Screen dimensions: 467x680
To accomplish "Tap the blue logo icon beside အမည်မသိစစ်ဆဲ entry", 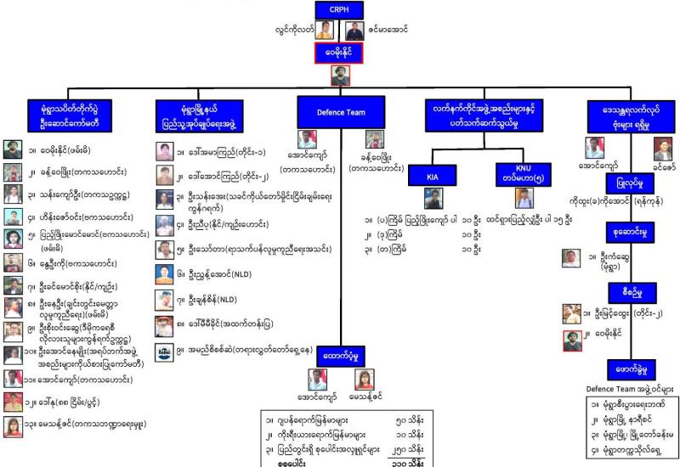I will click(x=165, y=351).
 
